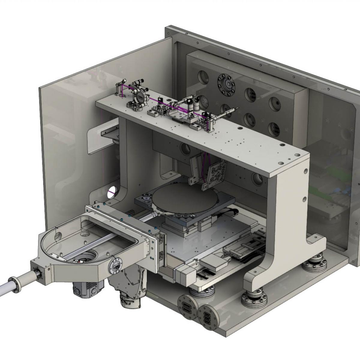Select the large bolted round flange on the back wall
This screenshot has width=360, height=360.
[226, 85]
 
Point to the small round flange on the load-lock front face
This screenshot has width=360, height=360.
[116, 265]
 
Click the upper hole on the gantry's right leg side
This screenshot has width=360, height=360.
[305, 171]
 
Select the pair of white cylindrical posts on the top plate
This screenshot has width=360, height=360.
[193, 105]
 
